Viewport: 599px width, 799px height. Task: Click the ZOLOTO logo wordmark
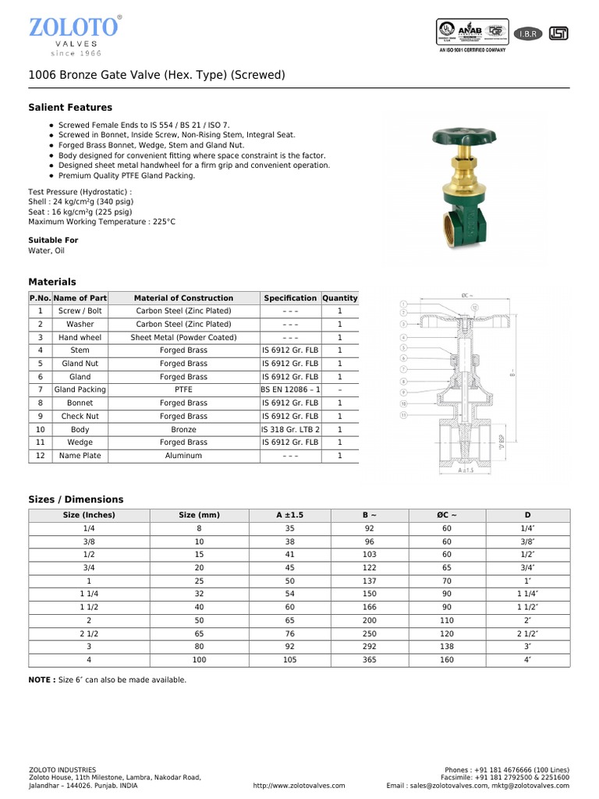point(74,27)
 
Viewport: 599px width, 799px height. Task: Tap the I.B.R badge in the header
point(527,34)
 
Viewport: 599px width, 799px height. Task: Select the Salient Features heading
point(70,108)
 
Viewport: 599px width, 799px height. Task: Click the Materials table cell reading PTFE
point(183,389)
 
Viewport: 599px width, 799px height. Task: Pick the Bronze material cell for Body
point(183,429)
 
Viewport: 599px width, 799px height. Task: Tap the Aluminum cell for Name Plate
point(183,456)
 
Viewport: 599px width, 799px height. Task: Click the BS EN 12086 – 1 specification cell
point(290,389)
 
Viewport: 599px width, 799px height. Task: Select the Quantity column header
point(339,298)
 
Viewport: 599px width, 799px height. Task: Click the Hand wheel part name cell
point(80,337)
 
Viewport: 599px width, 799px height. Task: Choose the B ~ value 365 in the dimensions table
point(370,660)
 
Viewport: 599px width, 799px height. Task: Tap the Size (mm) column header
point(199,515)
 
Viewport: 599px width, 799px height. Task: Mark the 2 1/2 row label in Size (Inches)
point(89,634)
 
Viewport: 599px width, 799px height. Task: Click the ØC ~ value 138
point(447,647)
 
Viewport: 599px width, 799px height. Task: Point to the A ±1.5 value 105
point(289,660)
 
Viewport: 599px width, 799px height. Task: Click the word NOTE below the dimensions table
point(41,680)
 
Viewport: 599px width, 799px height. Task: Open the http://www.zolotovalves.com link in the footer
point(299,786)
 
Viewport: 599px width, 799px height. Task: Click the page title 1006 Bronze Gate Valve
point(156,75)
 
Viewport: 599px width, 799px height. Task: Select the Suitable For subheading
point(53,240)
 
